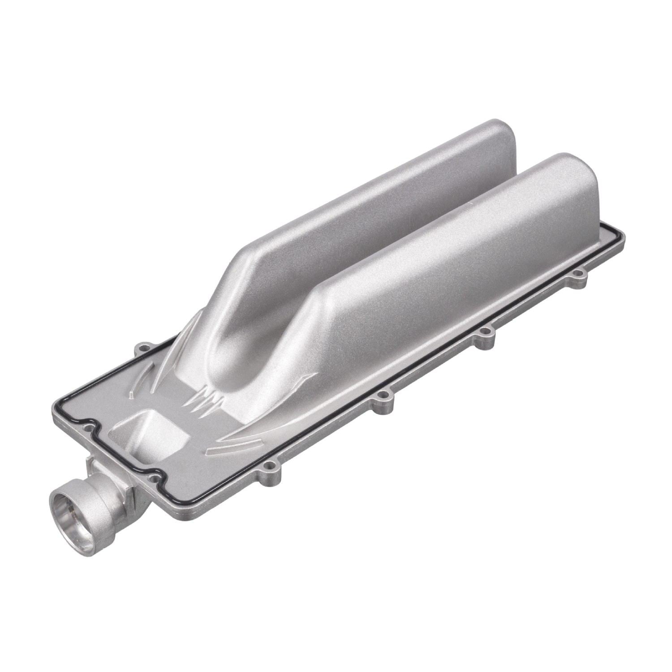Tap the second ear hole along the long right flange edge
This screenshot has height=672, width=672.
[x=382, y=396]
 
